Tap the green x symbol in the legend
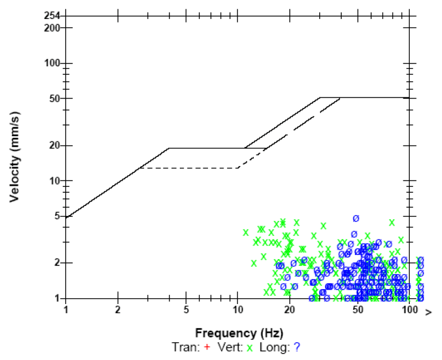(250, 347)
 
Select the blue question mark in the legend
(297, 347)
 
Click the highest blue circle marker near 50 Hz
(356, 218)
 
